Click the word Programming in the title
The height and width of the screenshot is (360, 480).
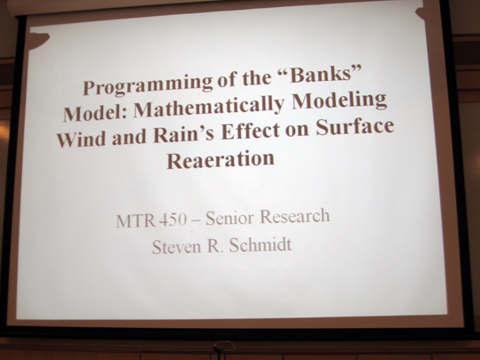tap(148, 84)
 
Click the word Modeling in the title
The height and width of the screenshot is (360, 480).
tap(340, 100)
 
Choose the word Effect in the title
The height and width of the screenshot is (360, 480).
tap(250, 131)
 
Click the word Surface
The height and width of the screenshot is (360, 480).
tap(355, 126)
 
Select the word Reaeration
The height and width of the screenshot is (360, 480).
tap(220, 159)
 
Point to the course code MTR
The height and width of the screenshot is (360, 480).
tap(136, 220)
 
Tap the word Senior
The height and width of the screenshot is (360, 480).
tap(229, 218)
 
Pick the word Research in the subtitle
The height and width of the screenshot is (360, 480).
tap(295, 216)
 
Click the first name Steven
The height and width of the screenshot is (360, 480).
tap(177, 247)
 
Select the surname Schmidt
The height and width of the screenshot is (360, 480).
tap(260, 244)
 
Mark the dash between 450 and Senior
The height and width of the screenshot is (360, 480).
tap(196, 220)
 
